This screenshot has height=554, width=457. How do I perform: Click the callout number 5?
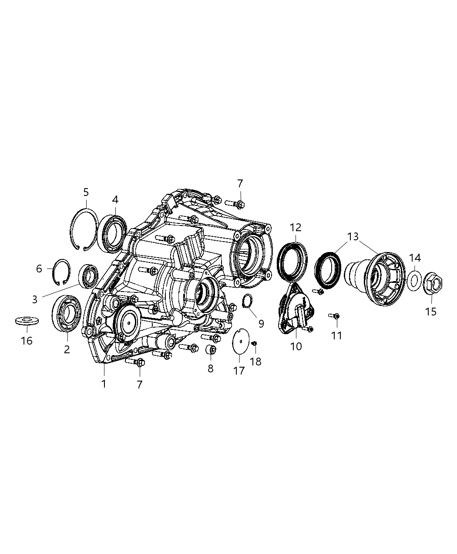[86, 192]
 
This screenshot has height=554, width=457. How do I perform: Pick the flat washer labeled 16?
[27, 321]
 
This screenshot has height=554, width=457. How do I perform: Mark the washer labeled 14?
[414, 281]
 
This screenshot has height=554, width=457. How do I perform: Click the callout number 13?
[353, 237]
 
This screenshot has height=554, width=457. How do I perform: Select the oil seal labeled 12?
[292, 260]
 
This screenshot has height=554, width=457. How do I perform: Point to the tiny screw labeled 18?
[255, 344]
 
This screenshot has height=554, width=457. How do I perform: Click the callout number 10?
[296, 346]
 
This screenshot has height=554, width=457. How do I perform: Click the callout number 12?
[296, 227]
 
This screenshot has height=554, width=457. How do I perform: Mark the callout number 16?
[27, 341]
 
